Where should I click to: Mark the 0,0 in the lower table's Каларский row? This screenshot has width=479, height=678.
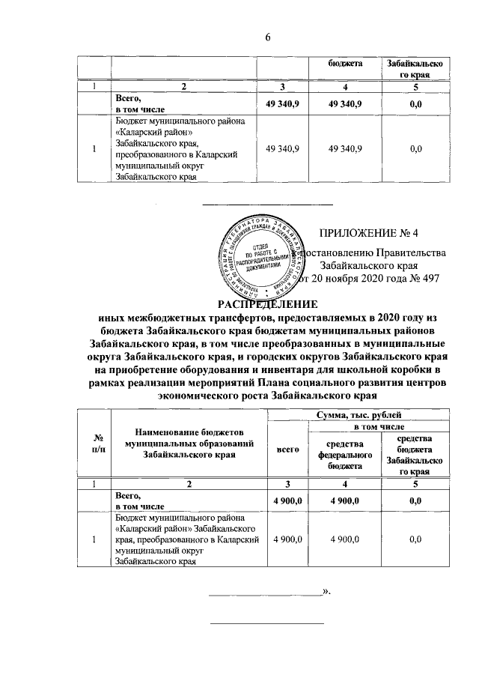point(415,539)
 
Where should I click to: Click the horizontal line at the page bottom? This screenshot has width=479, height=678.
point(267,623)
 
